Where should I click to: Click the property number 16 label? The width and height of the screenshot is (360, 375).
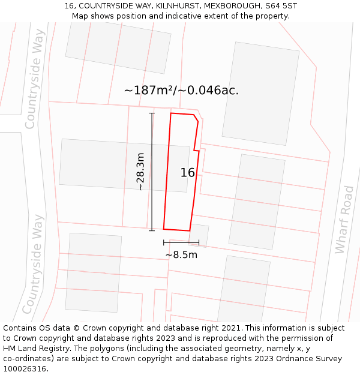[x=187, y=173]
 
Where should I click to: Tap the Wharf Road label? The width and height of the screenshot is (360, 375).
[x=344, y=220]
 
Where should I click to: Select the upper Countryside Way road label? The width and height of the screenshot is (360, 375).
[x=34, y=79]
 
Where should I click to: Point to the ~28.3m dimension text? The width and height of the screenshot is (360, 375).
[x=140, y=172]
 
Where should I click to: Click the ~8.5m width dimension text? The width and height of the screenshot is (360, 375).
[x=181, y=254]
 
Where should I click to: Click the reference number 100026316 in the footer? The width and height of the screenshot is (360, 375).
[x=25, y=369]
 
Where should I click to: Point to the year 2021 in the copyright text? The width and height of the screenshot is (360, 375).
[x=232, y=328]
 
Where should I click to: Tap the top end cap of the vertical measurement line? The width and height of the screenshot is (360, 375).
[x=152, y=113]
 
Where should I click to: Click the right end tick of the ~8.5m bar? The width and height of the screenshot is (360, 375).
[x=199, y=242]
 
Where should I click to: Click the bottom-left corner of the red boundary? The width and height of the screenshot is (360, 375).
[x=164, y=229]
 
